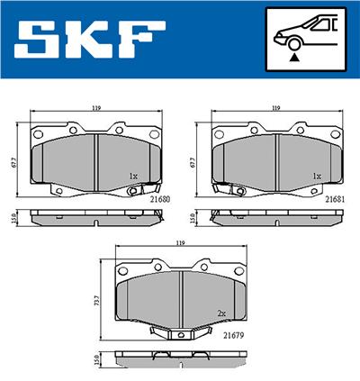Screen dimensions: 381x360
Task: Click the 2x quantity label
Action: click(221, 313)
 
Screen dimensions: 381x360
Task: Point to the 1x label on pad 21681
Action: click(316, 176)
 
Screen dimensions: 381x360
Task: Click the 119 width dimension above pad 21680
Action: click(94, 109)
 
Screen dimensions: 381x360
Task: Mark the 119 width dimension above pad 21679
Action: click(181, 243)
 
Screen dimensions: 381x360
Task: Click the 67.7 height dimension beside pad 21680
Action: click(14, 162)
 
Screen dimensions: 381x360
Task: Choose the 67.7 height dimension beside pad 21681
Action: click(193, 162)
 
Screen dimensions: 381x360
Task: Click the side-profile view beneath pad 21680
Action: click(94, 217)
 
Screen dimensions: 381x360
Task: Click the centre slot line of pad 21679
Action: click(182, 296)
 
